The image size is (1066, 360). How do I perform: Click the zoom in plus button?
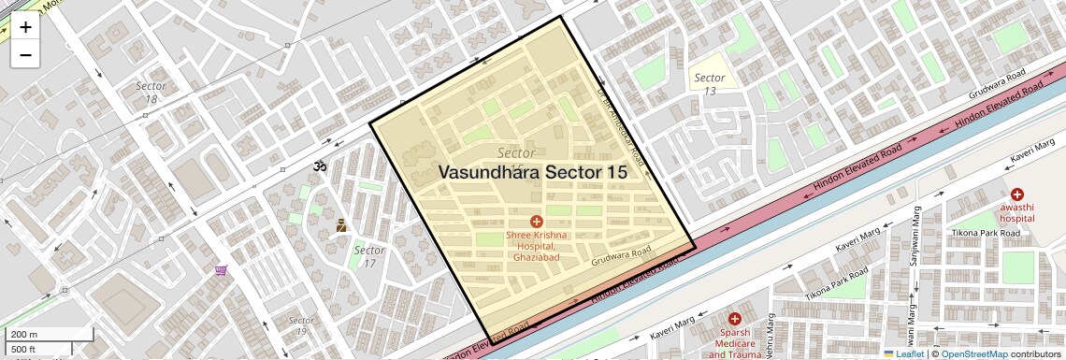(25, 27)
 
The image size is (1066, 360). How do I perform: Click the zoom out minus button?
(25, 54)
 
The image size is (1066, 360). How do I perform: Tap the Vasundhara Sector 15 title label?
(531, 172)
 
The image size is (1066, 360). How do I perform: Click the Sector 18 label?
(151, 92)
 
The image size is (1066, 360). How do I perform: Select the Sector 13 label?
(710, 84)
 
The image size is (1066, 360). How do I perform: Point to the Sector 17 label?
(369, 256)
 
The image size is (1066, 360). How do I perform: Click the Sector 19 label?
(297, 325)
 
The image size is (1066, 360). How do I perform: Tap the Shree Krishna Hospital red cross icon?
(537, 221)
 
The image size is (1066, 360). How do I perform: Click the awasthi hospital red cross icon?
(1016, 194)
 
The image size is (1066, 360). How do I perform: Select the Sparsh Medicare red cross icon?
(735, 319)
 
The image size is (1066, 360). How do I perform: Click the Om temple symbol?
(320, 166)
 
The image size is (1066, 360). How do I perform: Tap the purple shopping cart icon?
(222, 270)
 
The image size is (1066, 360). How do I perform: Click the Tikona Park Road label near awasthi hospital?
(982, 232)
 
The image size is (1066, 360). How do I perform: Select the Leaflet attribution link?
(903, 354)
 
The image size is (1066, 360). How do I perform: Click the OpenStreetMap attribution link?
(974, 354)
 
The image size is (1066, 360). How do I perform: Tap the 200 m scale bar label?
(25, 334)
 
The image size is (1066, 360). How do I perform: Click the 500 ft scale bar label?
(23, 349)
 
